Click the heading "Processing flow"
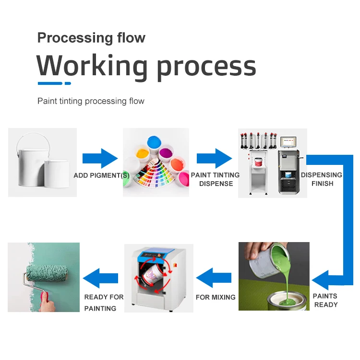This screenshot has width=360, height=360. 91,38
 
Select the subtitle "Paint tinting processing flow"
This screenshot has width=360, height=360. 91,101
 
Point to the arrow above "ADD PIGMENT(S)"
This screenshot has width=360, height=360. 100,158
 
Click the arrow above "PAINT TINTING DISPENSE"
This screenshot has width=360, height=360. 214,158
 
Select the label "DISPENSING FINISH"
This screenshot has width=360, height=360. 322,179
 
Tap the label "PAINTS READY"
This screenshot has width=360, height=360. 325,300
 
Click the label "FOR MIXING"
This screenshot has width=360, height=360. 216,297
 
